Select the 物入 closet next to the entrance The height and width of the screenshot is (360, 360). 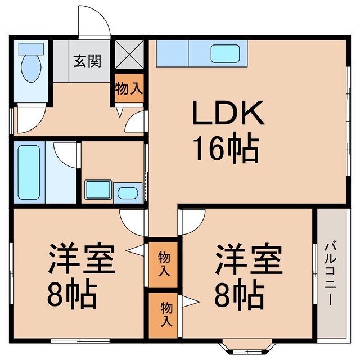tap(129, 88)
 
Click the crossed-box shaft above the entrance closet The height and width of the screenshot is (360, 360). tap(129, 55)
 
